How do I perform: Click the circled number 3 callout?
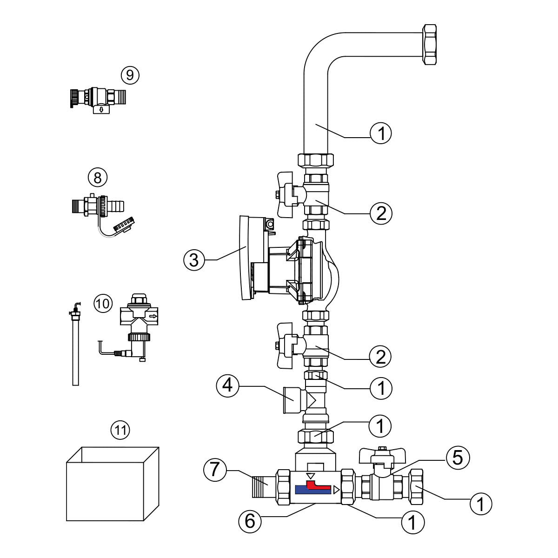pyautogui.click(x=194, y=260)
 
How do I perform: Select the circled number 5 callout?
pyautogui.click(x=457, y=458)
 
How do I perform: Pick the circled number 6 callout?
pyautogui.click(x=250, y=521)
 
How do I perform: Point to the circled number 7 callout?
pyautogui.click(x=214, y=470)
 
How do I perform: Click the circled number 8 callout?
pyautogui.click(x=98, y=177)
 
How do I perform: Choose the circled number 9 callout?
pyautogui.click(x=130, y=75)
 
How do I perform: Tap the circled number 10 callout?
pyautogui.click(x=103, y=304)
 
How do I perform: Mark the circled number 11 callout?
pyautogui.click(x=120, y=430)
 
